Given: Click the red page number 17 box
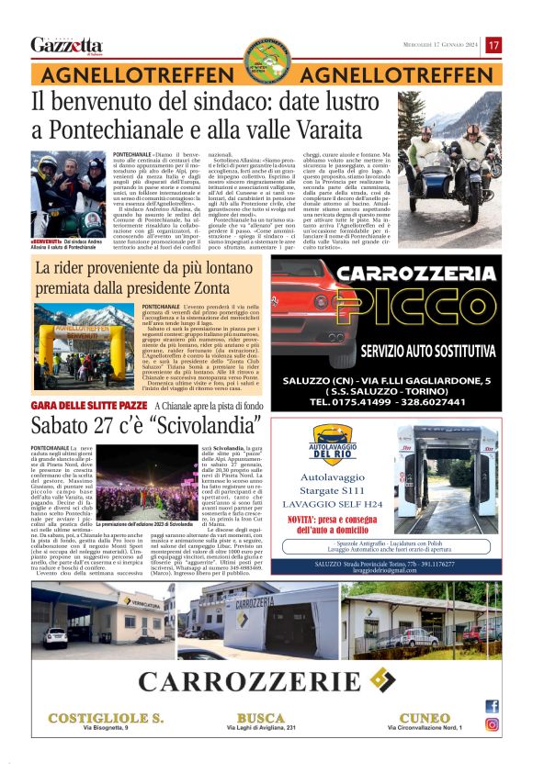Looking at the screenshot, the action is pos(493,45).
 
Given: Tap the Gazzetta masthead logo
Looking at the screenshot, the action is pos(66,45).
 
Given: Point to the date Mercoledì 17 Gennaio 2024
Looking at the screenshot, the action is pos(441,45).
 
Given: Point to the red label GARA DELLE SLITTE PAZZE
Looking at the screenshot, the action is pos(89,405).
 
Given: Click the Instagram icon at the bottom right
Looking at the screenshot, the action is pos(492,724).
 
